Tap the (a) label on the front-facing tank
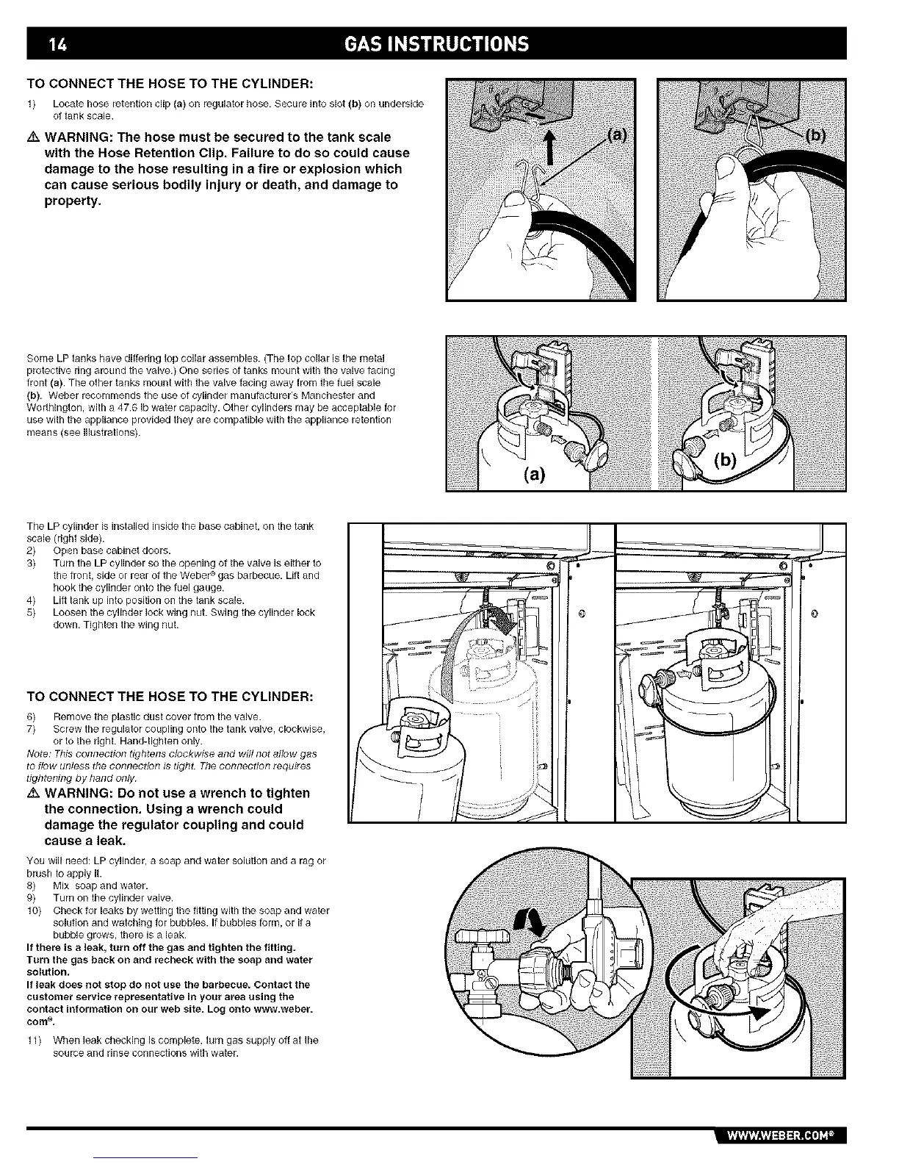(535, 474)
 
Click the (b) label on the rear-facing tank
(726, 461)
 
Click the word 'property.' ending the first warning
(73, 201)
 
